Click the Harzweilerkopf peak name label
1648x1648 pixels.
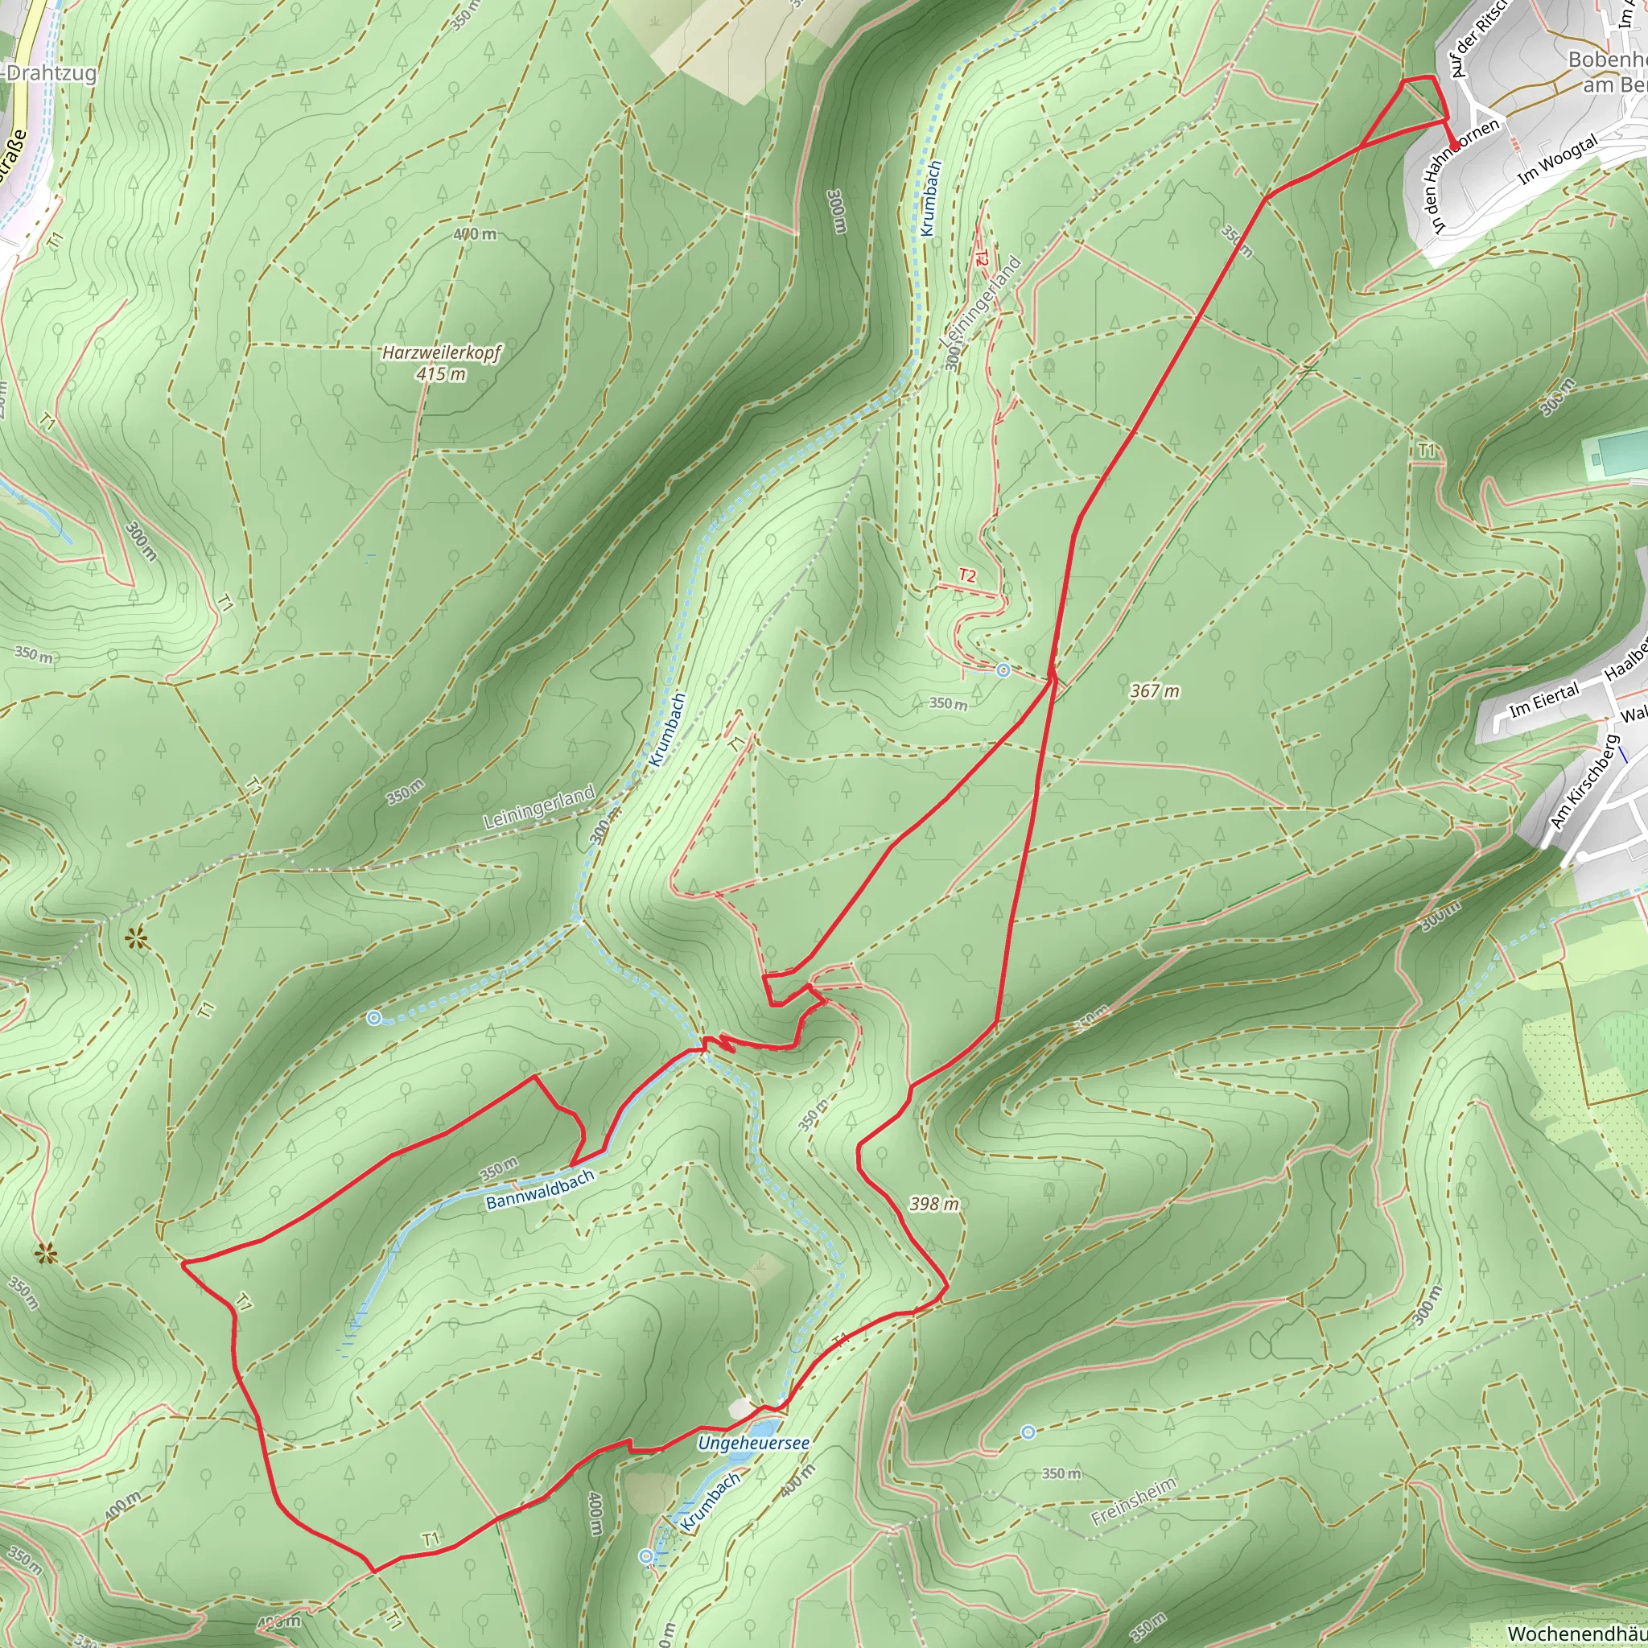(441, 352)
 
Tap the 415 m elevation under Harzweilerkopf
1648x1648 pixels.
(441, 373)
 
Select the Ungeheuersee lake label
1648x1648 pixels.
(753, 1444)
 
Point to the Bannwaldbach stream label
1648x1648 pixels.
(539, 1189)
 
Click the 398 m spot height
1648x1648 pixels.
(934, 1204)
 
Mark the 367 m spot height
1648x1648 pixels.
(1154, 691)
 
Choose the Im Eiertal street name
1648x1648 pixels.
(1544, 700)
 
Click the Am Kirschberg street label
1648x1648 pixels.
(1583, 781)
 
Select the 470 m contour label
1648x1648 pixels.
(474, 233)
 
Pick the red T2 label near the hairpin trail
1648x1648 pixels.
(966, 576)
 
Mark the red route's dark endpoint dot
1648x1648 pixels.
(1453, 143)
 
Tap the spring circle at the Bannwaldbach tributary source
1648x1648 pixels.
(373, 1018)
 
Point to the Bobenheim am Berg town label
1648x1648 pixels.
(1607, 72)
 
